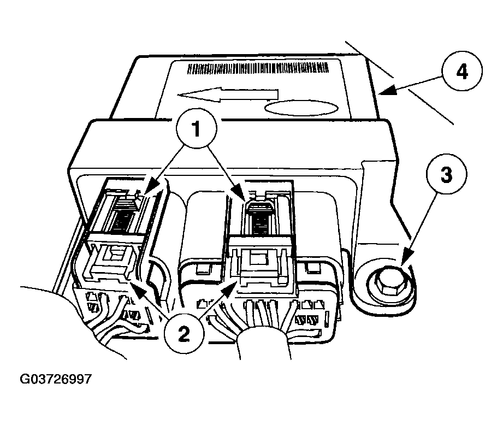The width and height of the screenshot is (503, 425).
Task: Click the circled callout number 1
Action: pyautogui.click(x=196, y=129)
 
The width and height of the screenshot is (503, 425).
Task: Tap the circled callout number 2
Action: pyautogui.click(x=184, y=334)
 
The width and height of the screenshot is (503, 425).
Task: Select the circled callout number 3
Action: pyautogui.click(x=446, y=174)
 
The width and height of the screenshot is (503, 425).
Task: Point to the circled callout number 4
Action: pyautogui.click(x=461, y=72)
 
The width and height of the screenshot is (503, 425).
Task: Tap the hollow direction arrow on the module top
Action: pyautogui.click(x=227, y=95)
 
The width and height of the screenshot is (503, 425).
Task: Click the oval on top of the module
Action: pyautogui.click(x=300, y=108)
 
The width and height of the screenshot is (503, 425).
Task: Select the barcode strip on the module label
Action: pyautogui.click(x=258, y=68)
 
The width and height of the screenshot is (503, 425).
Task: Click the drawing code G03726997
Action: pyautogui.click(x=56, y=379)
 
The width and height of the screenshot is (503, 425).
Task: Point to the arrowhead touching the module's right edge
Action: pyautogui.click(x=387, y=91)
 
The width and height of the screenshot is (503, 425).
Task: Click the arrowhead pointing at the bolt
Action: pyautogui.click(x=405, y=258)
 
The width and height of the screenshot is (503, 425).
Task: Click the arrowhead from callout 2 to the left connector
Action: pyautogui.click(x=137, y=286)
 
